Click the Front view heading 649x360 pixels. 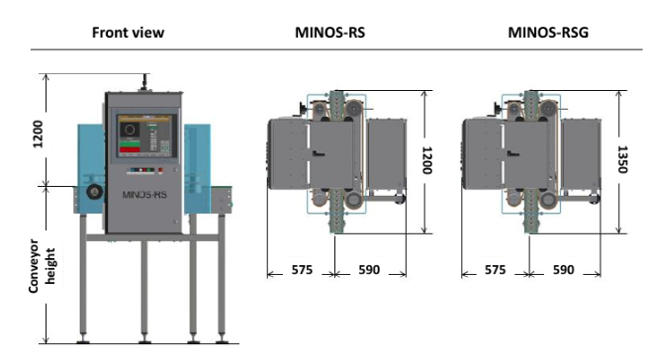128,33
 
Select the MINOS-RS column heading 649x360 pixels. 329,33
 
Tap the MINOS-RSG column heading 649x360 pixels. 548,33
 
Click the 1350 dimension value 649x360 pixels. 622,159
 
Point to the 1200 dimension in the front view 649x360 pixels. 38,135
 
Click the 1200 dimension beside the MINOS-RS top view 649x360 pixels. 427,160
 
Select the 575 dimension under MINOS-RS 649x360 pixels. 302,270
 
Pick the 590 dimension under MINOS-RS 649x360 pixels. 369,270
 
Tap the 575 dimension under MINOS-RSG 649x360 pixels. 495,270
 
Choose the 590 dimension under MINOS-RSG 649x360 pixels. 563,270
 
